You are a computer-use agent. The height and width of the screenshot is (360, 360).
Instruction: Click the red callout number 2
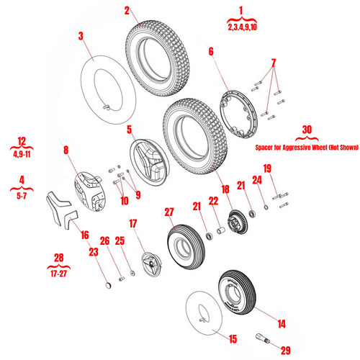click(x=127, y=11)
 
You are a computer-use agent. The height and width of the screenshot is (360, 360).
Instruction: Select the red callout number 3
click(x=81, y=35)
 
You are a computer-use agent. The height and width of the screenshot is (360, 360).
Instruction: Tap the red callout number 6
click(x=211, y=51)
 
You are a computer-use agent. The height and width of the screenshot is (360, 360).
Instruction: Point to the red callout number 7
click(x=273, y=62)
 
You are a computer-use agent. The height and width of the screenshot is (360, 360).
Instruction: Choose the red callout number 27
click(x=169, y=212)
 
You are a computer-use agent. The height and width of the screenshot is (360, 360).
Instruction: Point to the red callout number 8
click(x=65, y=151)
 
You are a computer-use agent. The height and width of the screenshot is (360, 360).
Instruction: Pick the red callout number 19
click(x=267, y=169)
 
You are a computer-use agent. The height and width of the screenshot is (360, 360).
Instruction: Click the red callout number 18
click(x=225, y=189)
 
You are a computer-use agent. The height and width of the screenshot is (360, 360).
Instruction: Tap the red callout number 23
click(x=93, y=251)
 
